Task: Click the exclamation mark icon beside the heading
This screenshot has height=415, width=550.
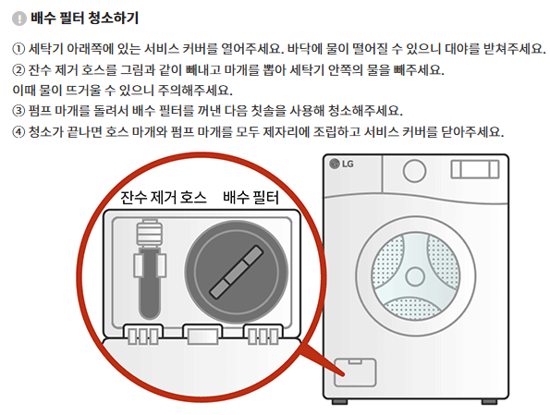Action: coord(19,18)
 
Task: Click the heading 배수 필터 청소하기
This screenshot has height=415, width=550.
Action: coord(85,18)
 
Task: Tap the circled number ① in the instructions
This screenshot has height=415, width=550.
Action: coord(18,49)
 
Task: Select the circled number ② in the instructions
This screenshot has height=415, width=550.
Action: coord(18,70)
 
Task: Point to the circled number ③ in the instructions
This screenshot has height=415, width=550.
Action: coord(18,111)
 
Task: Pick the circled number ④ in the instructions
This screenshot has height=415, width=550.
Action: coord(18,132)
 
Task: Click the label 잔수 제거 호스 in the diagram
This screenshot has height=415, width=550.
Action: coord(164,198)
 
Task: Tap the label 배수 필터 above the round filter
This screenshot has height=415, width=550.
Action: coord(251,198)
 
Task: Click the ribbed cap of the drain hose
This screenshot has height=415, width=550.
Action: coord(150,232)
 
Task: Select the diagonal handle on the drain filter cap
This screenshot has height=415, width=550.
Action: coord(236,272)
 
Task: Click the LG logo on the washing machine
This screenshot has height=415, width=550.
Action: coord(342,164)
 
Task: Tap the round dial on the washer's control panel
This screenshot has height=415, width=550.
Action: coord(415,171)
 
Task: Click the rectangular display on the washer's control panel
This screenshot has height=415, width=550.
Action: coord(475,169)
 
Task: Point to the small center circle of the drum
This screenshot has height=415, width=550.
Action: coord(415,276)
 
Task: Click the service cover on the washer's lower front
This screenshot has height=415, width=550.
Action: coord(355,372)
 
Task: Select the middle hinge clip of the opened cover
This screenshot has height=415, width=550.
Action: coord(202,335)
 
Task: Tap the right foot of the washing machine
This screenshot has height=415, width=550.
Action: coord(489,402)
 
